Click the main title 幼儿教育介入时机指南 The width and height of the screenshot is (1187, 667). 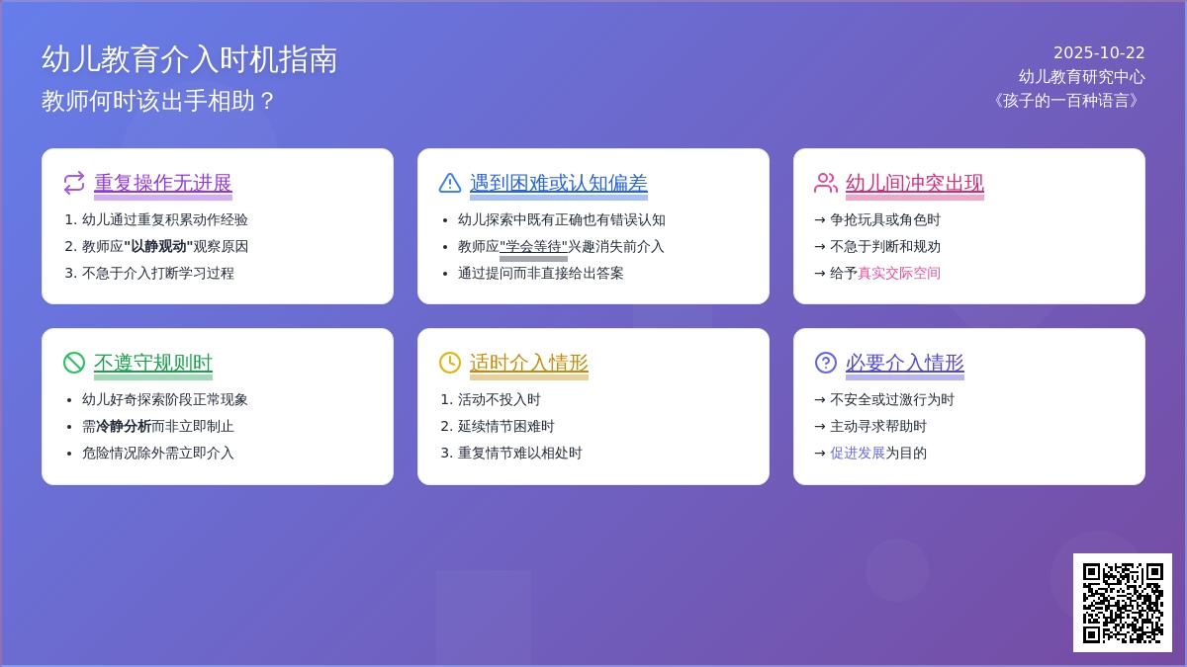click(189, 59)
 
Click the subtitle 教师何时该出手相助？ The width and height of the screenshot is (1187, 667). click(158, 101)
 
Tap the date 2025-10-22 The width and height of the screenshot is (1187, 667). click(1098, 53)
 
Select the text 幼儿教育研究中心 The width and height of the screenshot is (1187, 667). click(1081, 77)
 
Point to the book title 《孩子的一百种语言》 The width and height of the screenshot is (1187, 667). click(1065, 101)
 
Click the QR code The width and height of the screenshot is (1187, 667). click(1122, 603)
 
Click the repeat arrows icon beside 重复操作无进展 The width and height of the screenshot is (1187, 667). click(74, 183)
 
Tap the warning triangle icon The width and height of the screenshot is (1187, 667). click(450, 183)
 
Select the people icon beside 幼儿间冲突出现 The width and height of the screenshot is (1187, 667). click(826, 183)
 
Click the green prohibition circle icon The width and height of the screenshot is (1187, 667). click(74, 363)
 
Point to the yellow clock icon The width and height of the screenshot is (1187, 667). click(450, 363)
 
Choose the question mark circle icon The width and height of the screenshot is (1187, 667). click(826, 363)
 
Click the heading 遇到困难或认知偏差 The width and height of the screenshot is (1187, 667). click(558, 183)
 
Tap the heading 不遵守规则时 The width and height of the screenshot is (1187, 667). click(152, 363)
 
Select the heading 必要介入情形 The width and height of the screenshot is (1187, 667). click(904, 363)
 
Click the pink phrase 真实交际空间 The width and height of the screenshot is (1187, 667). click(898, 274)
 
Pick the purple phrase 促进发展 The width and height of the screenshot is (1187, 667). click(857, 454)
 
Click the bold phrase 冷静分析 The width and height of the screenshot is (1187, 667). click(123, 427)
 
